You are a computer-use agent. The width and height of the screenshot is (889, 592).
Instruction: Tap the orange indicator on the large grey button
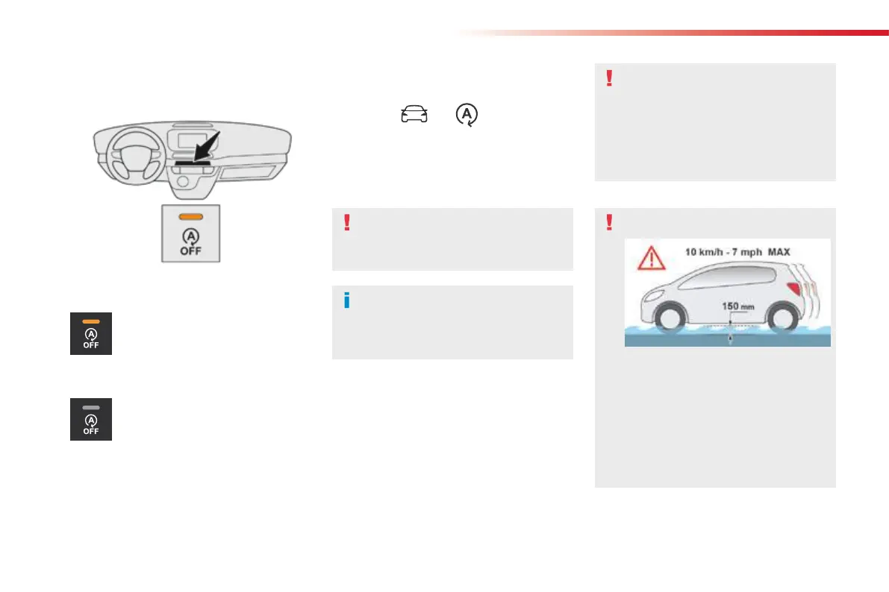coord(191,216)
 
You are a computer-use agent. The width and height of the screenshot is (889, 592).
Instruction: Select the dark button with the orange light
coord(91,333)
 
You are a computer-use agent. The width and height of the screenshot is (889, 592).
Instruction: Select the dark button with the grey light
coord(91,419)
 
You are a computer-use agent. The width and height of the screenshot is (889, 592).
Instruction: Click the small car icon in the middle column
coord(414,114)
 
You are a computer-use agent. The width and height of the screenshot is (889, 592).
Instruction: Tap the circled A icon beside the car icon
coord(468,115)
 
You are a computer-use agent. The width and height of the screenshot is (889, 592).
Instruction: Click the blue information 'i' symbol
coord(346,301)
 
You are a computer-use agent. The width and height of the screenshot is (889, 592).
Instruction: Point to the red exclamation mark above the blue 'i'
coord(346,222)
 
